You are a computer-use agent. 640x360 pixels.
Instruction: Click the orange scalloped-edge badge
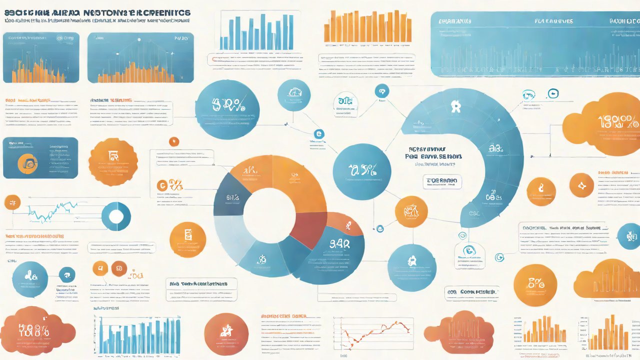[x=113, y=161]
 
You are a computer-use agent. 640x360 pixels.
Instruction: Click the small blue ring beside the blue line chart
[x=116, y=216]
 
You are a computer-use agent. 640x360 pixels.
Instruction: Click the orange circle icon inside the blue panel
[x=27, y=162]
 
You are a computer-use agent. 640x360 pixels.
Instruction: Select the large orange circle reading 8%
[x=535, y=285]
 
